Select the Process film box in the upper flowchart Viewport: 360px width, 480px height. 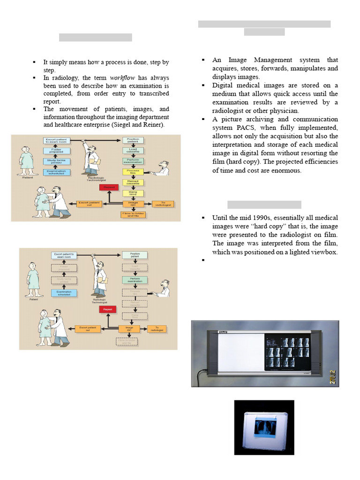coord(130,172)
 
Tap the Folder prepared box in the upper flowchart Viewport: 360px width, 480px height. coord(56,150)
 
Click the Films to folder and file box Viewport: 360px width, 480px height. coord(131,215)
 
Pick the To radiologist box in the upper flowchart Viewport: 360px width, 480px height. coord(162,204)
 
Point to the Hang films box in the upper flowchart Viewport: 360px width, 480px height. coord(130,193)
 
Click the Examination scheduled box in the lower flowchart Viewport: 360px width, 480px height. coord(64,293)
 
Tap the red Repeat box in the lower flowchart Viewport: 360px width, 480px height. coord(108,310)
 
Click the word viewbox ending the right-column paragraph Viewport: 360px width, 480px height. coord(325,252)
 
